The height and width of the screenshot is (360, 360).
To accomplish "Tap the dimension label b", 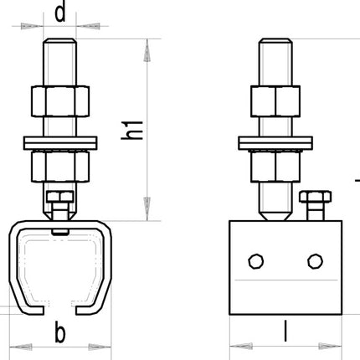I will coord(59,333).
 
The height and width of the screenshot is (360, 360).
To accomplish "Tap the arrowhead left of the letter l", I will coord(240,343).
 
